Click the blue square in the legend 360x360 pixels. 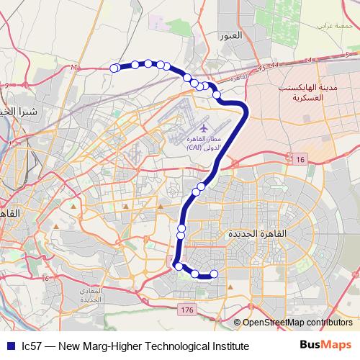click(x=9, y=346)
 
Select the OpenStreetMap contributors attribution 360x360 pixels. click(x=297, y=323)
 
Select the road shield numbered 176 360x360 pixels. click(x=188, y=309)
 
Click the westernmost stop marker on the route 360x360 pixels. click(x=114, y=68)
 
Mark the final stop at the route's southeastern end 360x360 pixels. click(x=214, y=274)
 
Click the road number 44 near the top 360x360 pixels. click(x=273, y=66)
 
